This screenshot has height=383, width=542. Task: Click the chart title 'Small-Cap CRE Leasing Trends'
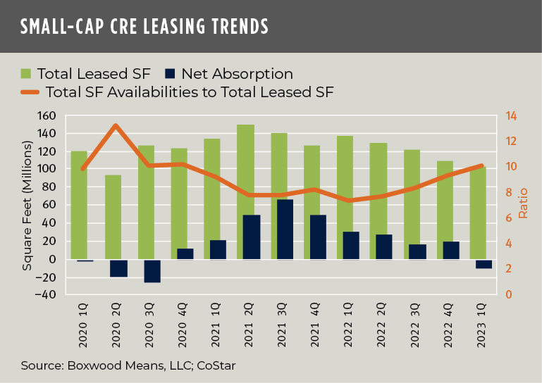tap(144, 27)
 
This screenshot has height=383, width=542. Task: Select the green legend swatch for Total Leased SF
tap(26, 73)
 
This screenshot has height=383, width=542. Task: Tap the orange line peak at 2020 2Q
tap(116, 125)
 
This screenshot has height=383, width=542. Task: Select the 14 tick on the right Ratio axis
tap(509, 115)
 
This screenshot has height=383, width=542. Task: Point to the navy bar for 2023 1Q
tap(484, 263)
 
